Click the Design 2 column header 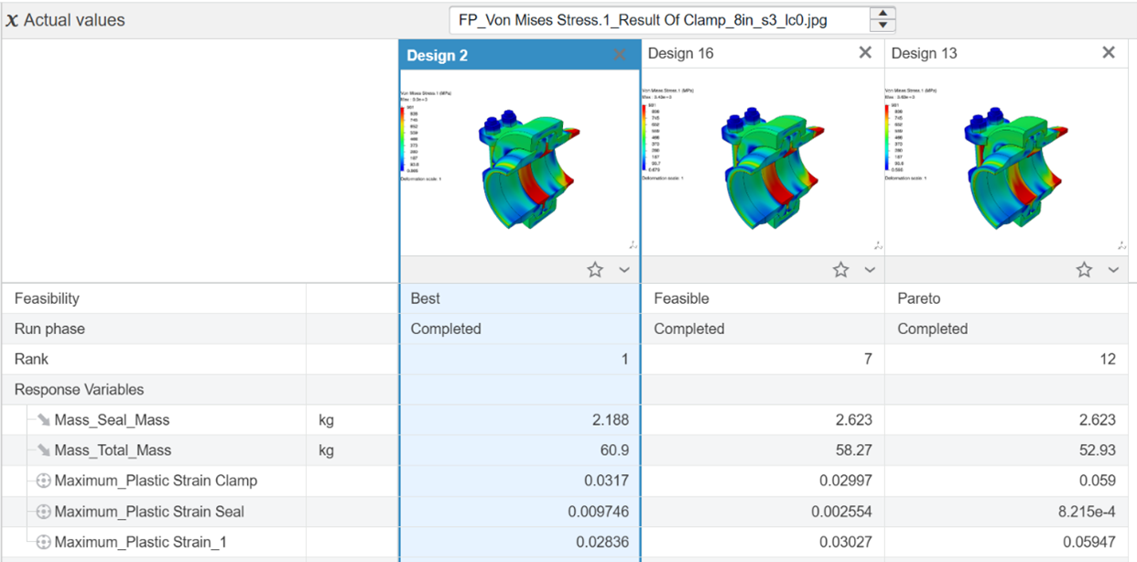(438, 55)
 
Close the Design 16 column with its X (865, 53)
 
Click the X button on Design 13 (1109, 53)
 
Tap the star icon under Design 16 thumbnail (840, 270)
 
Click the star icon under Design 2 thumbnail (595, 270)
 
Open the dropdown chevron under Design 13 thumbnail (1113, 270)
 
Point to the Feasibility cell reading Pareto (918, 298)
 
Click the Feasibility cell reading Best (426, 298)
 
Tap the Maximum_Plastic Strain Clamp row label (156, 481)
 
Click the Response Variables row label (79, 389)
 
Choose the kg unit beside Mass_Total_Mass (326, 450)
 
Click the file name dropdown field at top (658, 19)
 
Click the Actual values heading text (74, 19)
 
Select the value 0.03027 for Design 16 (842, 542)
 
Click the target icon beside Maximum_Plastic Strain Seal (43, 512)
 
